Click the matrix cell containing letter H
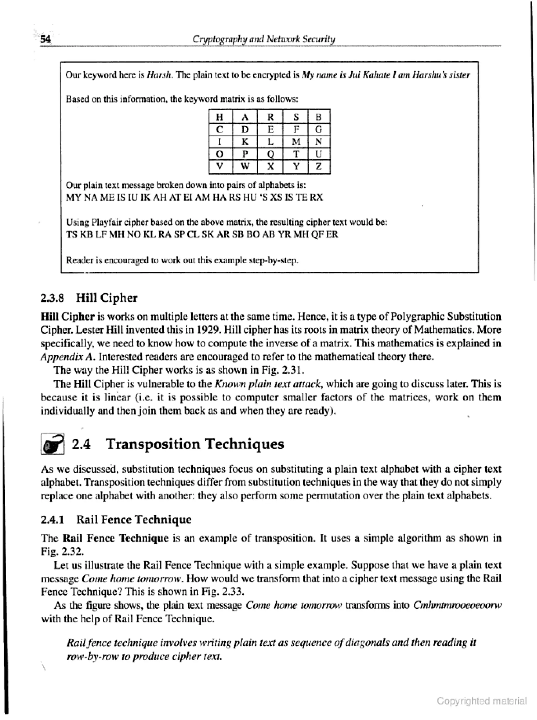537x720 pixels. point(220,117)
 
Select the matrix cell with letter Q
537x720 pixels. point(270,154)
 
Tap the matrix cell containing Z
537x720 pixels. point(319,167)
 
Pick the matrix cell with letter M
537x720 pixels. point(296,142)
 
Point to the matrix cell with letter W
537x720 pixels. point(245,167)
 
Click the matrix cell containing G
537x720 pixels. point(319,129)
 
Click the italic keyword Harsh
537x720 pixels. point(159,75)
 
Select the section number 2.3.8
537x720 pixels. point(52,298)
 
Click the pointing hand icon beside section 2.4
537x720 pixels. point(52,444)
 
